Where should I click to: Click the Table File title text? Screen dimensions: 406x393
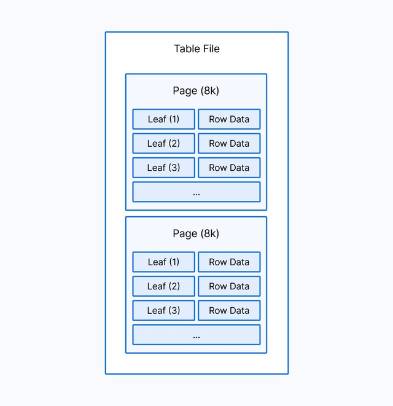(x=196, y=49)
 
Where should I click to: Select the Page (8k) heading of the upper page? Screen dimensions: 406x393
(x=196, y=91)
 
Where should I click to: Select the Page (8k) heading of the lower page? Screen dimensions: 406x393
(x=196, y=233)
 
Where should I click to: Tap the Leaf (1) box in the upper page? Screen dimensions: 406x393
(x=163, y=119)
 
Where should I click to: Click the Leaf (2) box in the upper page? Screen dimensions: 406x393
(x=163, y=143)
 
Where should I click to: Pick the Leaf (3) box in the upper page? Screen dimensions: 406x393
(x=163, y=168)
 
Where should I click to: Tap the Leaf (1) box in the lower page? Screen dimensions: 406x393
(x=163, y=262)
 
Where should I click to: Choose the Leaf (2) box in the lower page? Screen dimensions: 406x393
(x=163, y=286)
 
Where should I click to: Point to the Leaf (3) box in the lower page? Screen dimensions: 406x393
(x=163, y=310)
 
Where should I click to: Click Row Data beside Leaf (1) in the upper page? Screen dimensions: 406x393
(x=229, y=119)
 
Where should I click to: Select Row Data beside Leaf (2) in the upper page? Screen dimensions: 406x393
(x=229, y=143)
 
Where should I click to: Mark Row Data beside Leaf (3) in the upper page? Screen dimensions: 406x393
(x=229, y=168)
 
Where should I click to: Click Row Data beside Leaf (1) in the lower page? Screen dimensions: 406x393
(x=229, y=262)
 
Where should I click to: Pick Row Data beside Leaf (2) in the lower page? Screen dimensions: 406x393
(x=229, y=286)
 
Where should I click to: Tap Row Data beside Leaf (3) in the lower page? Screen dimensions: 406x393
(x=229, y=310)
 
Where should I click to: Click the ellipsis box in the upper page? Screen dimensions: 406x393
(x=196, y=192)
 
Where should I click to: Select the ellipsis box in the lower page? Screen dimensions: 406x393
(x=196, y=335)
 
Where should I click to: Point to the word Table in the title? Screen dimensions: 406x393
(x=186, y=49)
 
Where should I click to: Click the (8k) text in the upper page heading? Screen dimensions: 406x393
(x=209, y=91)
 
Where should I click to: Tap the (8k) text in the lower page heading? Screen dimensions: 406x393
(x=209, y=233)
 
